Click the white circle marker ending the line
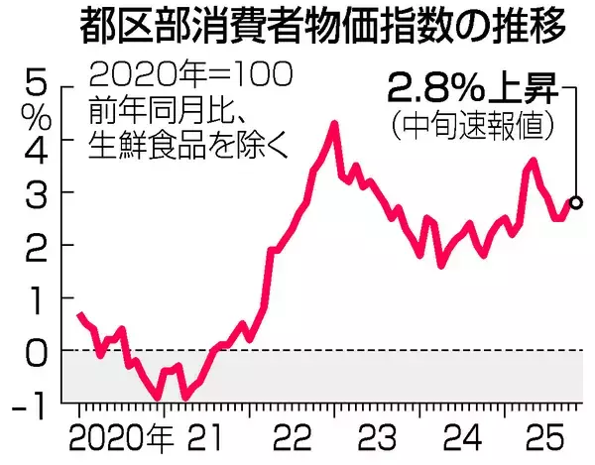(x=577, y=202)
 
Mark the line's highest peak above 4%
(x=334, y=124)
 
